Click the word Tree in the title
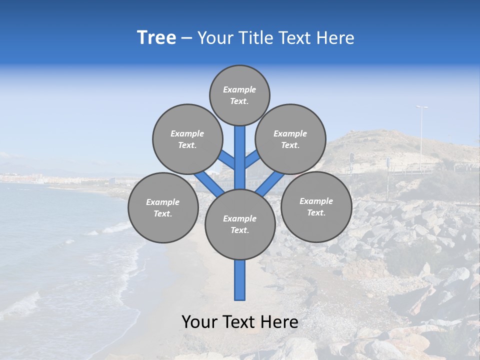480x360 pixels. click(x=156, y=37)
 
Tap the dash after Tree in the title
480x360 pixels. click(x=186, y=38)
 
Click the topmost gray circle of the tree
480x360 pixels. click(x=239, y=95)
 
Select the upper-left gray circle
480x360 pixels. click(x=187, y=139)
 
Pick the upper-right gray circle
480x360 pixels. click(x=290, y=139)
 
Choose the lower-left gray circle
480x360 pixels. click(x=163, y=207)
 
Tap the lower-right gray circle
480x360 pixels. click(x=316, y=206)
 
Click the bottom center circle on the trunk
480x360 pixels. click(x=240, y=224)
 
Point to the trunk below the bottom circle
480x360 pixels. click(x=240, y=280)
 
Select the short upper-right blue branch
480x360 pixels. click(x=252, y=159)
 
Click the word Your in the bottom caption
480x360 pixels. click(x=199, y=322)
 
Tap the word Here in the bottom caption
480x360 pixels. click(x=280, y=322)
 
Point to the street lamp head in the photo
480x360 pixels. click(x=421, y=107)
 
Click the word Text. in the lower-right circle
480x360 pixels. click(x=316, y=212)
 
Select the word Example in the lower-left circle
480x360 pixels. click(x=162, y=202)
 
